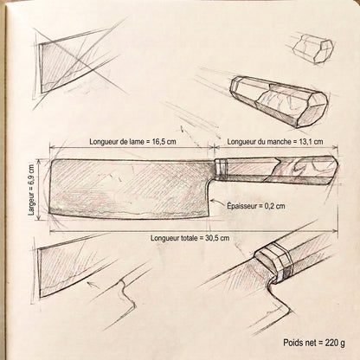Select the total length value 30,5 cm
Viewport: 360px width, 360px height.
click(217, 238)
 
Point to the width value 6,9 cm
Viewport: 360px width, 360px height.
click(31, 175)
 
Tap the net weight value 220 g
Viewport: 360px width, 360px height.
click(335, 343)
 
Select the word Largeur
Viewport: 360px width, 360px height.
click(31, 203)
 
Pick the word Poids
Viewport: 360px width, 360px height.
click(292, 343)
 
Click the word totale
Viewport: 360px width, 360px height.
click(188, 238)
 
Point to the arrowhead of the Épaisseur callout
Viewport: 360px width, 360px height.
click(213, 200)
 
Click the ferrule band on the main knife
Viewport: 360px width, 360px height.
click(222, 170)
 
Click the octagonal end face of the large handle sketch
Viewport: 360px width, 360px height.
click(313, 110)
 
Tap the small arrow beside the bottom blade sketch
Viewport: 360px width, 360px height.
click(93, 284)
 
